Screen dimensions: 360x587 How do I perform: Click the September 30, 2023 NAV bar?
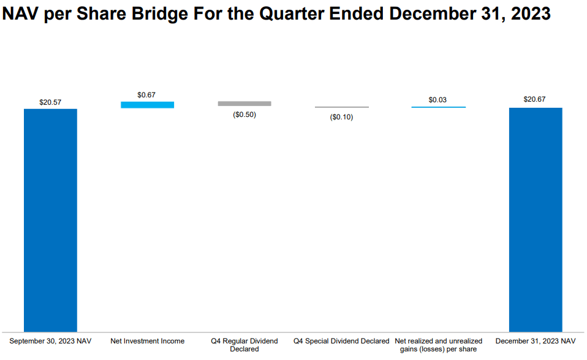tap(50, 220)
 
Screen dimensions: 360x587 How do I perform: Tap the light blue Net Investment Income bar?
tap(147, 105)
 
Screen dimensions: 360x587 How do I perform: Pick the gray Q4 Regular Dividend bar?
tap(244, 104)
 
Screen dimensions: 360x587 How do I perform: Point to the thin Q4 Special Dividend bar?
tap(342, 107)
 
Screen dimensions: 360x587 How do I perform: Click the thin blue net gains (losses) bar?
tap(438, 107)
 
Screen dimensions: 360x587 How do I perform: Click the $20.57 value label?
tap(50, 102)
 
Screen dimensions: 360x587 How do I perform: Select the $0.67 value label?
tap(146, 95)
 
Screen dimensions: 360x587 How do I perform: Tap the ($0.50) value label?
tap(244, 114)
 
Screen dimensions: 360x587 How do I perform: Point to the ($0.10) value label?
tap(341, 117)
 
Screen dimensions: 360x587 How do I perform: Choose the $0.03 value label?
tap(437, 99)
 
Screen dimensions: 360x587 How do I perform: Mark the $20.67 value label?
tap(535, 99)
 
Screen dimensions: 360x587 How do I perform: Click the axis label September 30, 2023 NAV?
tap(50, 341)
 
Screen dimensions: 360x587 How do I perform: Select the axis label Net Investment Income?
tap(147, 341)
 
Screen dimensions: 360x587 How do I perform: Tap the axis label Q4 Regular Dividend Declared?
tap(244, 345)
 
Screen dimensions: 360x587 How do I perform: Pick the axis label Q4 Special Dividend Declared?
tap(341, 341)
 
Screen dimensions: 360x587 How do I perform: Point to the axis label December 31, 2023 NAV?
tap(536, 341)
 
